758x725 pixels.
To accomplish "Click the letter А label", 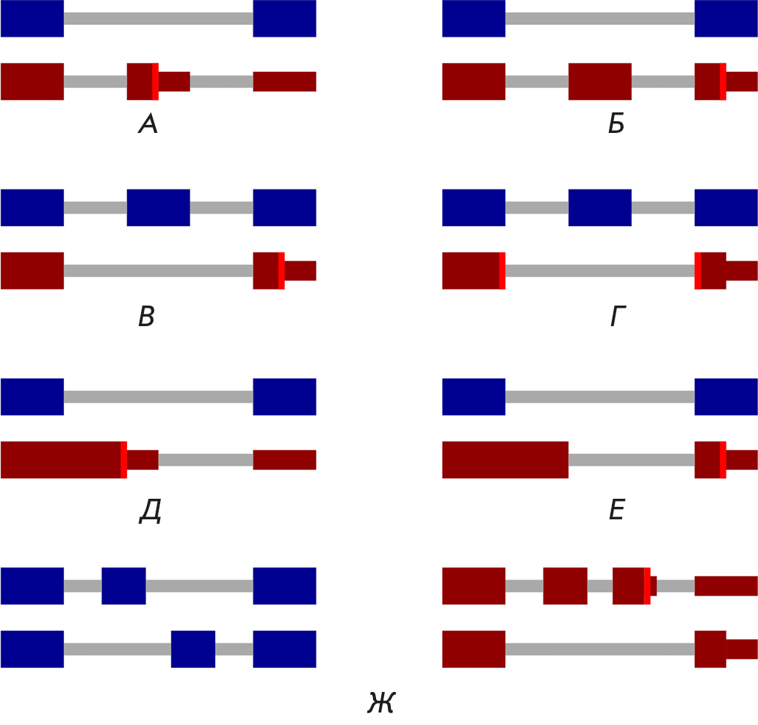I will point(148,126).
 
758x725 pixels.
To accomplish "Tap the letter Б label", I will point(616,126).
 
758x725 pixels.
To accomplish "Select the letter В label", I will point(146,317).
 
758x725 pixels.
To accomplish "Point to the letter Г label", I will point(618,317).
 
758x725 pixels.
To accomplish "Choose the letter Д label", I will point(150,511).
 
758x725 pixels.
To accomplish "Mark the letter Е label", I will point(617,510).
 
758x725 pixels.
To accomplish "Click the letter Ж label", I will point(381,703).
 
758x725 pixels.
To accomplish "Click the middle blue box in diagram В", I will point(158,208).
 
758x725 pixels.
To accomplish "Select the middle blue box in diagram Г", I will point(599,208).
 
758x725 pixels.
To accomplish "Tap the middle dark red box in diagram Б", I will point(599,82).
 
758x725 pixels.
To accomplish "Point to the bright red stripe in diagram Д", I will point(123,460).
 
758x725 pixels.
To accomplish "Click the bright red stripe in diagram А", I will point(155,82).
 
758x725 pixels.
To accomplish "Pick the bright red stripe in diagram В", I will point(281,270).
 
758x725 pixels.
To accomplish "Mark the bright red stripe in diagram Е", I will point(723,460).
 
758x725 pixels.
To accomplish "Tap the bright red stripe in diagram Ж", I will point(647,586).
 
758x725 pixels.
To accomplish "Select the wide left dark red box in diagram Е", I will point(505,460).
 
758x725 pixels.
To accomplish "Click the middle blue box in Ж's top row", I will point(123,586).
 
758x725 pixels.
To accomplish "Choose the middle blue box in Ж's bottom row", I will point(193,649).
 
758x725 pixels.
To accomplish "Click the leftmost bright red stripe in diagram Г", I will point(502,270).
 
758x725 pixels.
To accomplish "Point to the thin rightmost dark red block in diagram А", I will point(284,82).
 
